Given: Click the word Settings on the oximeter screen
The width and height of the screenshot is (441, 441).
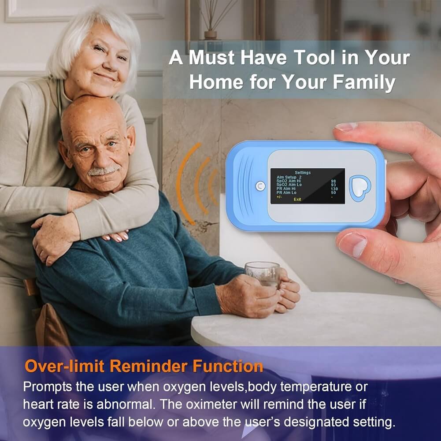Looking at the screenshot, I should click(x=303, y=173).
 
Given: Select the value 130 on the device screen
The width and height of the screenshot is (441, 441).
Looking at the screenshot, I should click(x=334, y=189).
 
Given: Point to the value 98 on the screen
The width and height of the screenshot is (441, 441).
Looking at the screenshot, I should click(x=334, y=181).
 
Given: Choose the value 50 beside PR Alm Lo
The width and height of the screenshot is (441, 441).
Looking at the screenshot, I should click(x=334, y=193).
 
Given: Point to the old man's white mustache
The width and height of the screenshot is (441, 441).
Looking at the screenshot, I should click(x=104, y=170).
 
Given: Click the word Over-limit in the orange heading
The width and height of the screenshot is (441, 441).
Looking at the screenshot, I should click(x=63, y=366).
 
